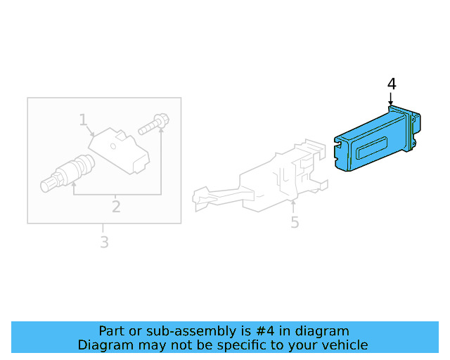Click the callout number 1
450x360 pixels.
[x=83, y=120]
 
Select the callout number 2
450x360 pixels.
[x=116, y=207]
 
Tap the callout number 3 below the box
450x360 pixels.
[x=103, y=243]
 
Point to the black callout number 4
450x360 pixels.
[x=392, y=84]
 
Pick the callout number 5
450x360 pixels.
[x=295, y=222]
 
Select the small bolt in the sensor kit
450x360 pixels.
[x=153, y=124]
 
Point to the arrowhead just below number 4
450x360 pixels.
[x=391, y=103]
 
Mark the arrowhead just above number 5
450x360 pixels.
[x=293, y=205]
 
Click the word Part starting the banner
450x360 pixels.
[x=112, y=331]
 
